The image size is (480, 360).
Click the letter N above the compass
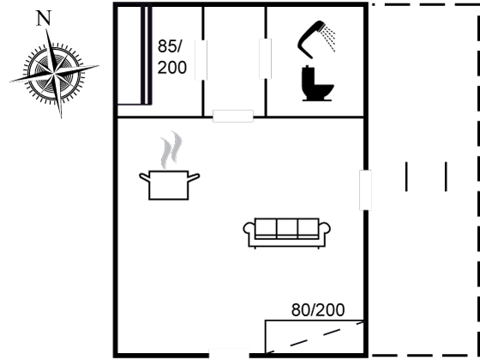[x=43, y=18]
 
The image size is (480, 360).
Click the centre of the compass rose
[x=54, y=74]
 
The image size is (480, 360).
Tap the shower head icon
[x=316, y=39]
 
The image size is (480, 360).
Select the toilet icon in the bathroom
[x=317, y=83]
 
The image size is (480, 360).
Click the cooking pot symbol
[x=170, y=185]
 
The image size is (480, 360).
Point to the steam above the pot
[x=171, y=150]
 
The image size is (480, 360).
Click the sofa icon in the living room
[x=287, y=232]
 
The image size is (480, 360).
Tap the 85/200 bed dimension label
[x=171, y=57]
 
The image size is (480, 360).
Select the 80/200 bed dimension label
[x=318, y=310]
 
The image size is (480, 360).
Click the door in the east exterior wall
[x=365, y=190]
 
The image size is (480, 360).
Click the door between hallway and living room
[x=233, y=116]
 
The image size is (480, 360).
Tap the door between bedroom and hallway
[x=201, y=60]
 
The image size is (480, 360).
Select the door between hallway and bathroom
[x=265, y=59]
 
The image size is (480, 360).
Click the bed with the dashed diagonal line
[x=315, y=337]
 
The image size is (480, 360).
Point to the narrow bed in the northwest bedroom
[x=135, y=56]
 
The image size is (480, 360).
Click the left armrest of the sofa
[x=249, y=230]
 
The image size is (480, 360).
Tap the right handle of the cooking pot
[x=194, y=177]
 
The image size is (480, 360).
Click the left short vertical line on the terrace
[x=406, y=177]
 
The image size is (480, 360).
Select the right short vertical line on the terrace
[x=446, y=177]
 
